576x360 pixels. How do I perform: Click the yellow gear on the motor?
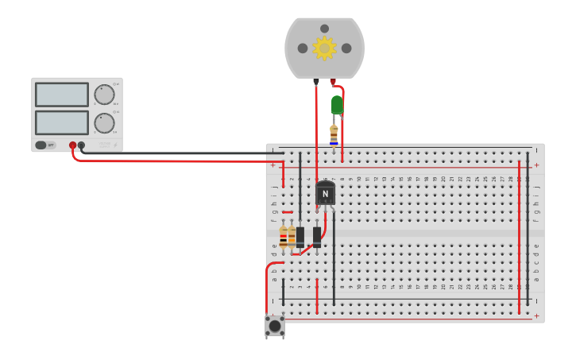324,48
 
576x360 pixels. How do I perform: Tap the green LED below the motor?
337,104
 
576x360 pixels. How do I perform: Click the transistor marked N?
325,193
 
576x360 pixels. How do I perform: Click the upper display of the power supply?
62,95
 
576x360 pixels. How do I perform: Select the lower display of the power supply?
62,122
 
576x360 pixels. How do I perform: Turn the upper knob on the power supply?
104,95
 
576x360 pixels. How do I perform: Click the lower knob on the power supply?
104,123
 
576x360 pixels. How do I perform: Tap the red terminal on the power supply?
72,145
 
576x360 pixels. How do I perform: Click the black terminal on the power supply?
81,145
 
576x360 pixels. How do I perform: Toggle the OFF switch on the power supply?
46,145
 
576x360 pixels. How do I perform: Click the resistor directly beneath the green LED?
334,134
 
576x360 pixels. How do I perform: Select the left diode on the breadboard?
300,237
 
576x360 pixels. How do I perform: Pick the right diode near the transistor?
317,236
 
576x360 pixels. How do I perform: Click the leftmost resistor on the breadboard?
284,237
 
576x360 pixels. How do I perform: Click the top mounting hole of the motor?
324,29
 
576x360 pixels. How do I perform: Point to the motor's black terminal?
316,81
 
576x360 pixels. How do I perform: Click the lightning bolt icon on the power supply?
115,145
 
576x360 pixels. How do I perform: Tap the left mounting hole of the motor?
303,48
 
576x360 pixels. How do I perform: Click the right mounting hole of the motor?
346,48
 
